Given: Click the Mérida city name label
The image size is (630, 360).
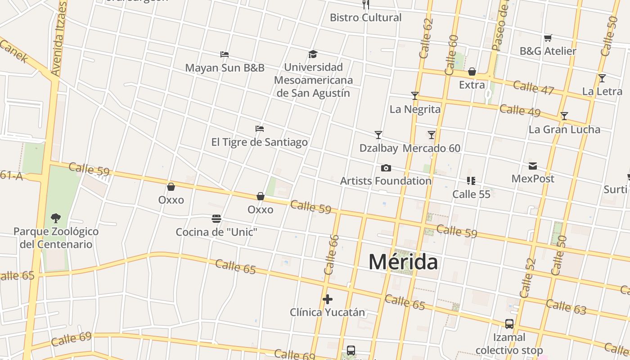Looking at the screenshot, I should [403, 262].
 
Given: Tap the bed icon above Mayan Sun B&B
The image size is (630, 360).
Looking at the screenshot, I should [225, 54].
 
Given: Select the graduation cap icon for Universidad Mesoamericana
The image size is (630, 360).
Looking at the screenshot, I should [313, 54].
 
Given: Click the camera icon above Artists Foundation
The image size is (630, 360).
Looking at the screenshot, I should [386, 168].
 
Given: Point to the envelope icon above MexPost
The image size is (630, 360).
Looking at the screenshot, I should [533, 166].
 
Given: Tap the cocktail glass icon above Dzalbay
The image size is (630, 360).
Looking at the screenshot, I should [378, 135].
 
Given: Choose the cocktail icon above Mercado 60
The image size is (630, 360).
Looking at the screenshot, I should [432, 135].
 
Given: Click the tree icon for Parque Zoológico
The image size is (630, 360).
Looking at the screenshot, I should [56, 218].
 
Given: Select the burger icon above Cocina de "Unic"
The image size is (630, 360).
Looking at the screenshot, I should [216, 219].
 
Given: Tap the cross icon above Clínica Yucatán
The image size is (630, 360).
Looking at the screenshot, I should [328, 299].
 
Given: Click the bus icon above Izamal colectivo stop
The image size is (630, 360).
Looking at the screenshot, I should [509, 324].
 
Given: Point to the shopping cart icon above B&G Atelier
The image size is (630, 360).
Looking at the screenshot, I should [548, 38].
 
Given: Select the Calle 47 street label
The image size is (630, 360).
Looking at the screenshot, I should [533, 87].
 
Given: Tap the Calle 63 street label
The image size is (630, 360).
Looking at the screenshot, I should [566, 306].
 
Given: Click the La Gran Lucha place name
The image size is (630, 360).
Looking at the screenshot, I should [564, 130].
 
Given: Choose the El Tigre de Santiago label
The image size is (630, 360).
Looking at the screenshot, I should [260, 142].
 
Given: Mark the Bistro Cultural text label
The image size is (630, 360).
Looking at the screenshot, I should [365, 18].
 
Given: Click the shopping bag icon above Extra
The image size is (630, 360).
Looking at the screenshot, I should [472, 72].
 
